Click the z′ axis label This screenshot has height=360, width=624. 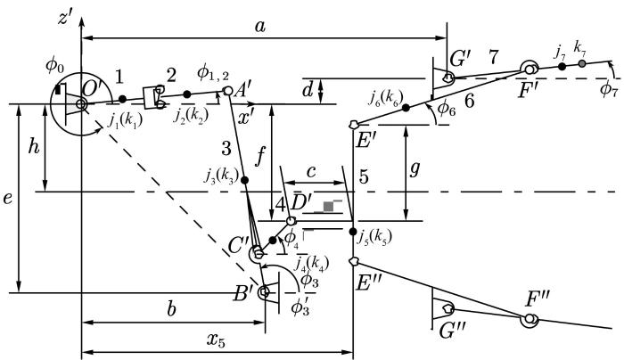(x=64, y=18)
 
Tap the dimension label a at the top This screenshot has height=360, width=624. (x=260, y=27)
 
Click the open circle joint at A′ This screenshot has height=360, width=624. (x=227, y=91)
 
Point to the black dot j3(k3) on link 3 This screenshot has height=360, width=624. (x=245, y=180)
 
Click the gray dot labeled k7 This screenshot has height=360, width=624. (x=582, y=63)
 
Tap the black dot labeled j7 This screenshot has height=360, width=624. (x=562, y=67)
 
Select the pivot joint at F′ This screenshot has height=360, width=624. (x=530, y=70)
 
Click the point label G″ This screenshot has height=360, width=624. (x=450, y=331)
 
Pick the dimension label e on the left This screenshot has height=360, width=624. (x=7, y=198)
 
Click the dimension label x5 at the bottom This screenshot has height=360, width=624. (x=216, y=340)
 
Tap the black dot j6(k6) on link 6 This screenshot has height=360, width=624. (x=406, y=108)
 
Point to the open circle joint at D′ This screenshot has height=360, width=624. (x=291, y=220)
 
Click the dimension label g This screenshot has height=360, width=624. (x=415, y=170)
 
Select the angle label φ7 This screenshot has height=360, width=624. (x=609, y=90)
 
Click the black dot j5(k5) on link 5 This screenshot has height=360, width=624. (x=353, y=232)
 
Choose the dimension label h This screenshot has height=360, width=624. (x=35, y=147)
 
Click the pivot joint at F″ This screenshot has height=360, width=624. (x=530, y=319)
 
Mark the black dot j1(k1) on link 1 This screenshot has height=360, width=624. (x=122, y=99)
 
